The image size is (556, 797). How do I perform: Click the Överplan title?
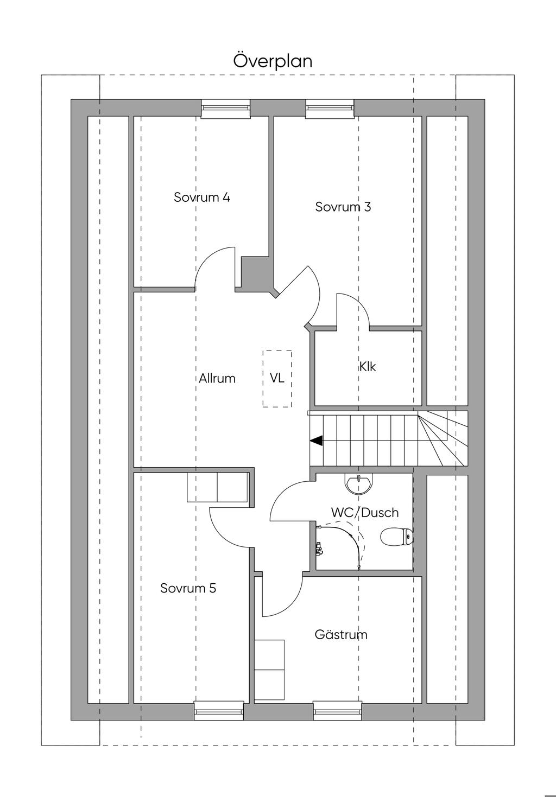pos(273,61)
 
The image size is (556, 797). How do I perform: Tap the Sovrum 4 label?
pos(202,197)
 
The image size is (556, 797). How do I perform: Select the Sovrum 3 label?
pos(343,207)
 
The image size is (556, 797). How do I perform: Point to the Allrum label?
pos(217,378)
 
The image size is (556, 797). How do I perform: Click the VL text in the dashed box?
pos(277,378)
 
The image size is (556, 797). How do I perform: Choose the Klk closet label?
pos(367,366)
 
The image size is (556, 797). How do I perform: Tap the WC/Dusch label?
pos(365,513)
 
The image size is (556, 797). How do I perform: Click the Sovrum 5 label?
pos(188,588)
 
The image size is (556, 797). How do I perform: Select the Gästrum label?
pos(341,634)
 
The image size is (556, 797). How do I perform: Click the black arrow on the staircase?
pos(317,441)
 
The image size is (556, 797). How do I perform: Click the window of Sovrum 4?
pos(225,109)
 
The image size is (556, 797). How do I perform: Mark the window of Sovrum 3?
pos(330,109)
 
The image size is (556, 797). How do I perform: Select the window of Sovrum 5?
pos(219,712)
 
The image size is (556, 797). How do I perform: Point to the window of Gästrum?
pos(338,712)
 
